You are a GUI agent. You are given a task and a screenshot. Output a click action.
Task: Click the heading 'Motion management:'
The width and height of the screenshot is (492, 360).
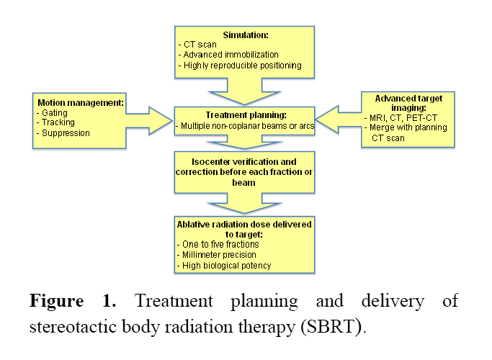coord(80,102)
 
